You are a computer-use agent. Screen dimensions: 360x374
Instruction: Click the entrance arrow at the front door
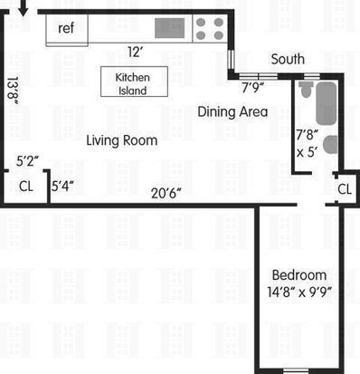tap(24, 8)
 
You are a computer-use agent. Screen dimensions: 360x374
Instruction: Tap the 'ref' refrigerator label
tap(66, 28)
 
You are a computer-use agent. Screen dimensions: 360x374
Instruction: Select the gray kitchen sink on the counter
tap(169, 28)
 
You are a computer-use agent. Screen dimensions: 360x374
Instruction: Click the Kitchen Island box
tap(134, 82)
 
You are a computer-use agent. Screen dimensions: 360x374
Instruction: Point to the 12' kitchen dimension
tap(135, 52)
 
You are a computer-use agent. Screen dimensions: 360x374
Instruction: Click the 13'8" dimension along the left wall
tap(13, 91)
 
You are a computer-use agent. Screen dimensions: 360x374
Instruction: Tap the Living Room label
tap(122, 140)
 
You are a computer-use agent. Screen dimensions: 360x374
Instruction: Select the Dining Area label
tap(232, 111)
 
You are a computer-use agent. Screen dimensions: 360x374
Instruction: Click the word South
tap(288, 59)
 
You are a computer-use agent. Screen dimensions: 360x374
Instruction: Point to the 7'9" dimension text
tap(253, 88)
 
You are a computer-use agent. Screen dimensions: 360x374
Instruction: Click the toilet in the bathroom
tap(306, 90)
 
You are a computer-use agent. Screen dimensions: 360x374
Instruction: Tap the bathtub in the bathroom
tap(327, 103)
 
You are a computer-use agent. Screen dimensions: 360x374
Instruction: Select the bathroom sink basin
tap(330, 145)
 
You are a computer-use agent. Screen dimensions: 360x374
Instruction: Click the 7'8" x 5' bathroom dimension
tap(308, 143)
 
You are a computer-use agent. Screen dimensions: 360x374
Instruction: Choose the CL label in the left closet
tap(26, 187)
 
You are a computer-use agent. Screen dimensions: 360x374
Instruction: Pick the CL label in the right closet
tap(345, 189)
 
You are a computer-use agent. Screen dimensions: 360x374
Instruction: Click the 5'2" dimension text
tap(27, 161)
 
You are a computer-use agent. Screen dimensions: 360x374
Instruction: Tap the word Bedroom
tap(299, 275)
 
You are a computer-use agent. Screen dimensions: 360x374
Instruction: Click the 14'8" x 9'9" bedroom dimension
tap(299, 292)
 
